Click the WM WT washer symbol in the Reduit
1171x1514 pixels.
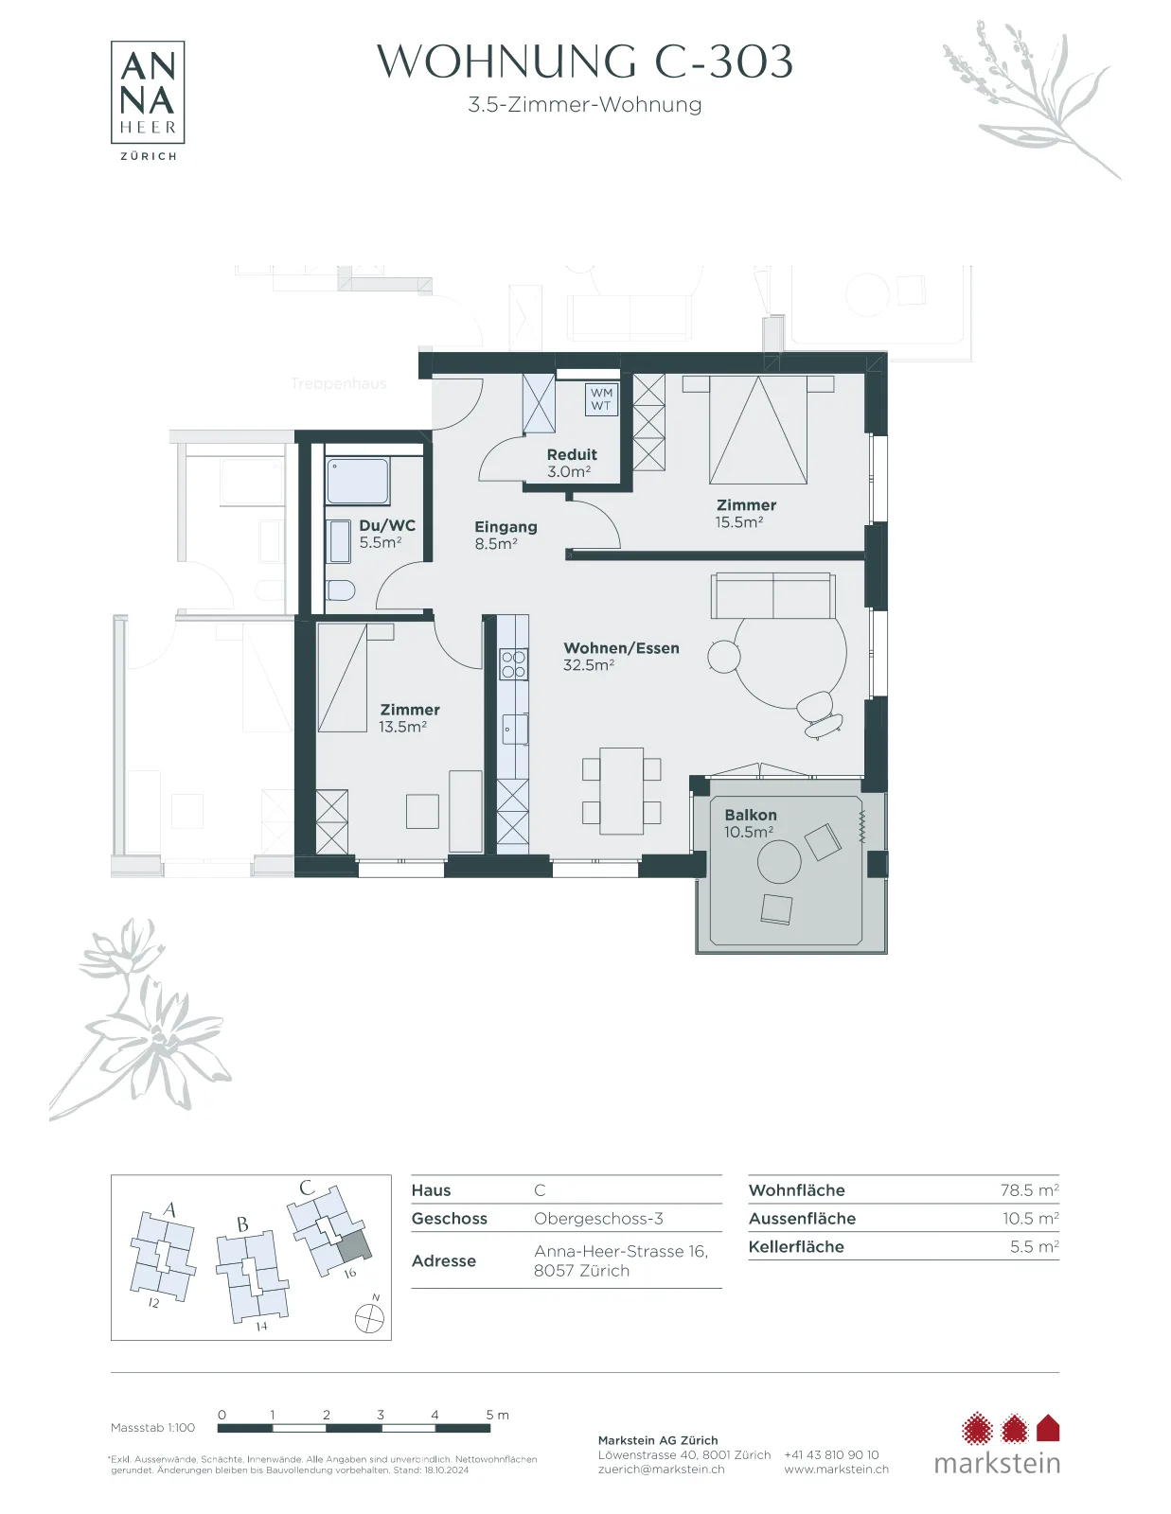(x=601, y=399)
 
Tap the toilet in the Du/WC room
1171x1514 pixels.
(x=341, y=590)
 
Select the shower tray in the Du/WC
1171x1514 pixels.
(x=358, y=480)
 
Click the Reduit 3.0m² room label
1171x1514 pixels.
(x=572, y=463)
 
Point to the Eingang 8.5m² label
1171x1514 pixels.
(x=506, y=535)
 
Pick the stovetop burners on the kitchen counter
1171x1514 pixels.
(x=514, y=664)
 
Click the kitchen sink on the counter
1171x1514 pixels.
(x=514, y=729)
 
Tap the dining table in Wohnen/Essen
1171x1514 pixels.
(x=622, y=791)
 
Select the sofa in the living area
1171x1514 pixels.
(x=773, y=596)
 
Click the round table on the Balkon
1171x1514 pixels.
(x=779, y=862)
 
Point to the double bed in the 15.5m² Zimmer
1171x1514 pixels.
(x=758, y=430)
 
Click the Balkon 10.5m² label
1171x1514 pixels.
(x=750, y=823)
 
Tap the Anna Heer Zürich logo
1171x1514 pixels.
(x=148, y=100)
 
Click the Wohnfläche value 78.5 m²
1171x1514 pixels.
(x=1030, y=1190)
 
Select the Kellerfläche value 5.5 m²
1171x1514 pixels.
(x=1035, y=1246)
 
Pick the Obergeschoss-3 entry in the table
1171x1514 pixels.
(x=598, y=1219)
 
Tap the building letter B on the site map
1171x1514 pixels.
(x=242, y=1224)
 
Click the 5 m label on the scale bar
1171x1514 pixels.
(x=497, y=1415)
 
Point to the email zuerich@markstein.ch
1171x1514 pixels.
(x=661, y=1470)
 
